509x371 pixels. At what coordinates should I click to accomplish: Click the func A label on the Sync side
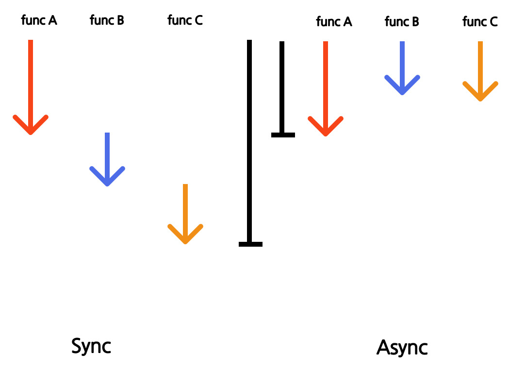(39, 20)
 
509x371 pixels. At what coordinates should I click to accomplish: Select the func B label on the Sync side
(107, 20)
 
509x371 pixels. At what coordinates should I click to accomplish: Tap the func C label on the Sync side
(185, 20)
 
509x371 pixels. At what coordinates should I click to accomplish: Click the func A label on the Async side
(334, 22)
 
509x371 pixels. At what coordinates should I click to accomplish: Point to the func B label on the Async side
(402, 22)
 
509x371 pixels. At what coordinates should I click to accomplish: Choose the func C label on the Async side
(480, 22)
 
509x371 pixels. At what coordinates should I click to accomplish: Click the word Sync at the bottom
(91, 346)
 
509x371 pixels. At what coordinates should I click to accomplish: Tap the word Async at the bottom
(402, 348)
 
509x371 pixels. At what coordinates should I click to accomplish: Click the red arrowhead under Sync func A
(31, 125)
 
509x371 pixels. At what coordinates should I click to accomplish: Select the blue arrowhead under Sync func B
(107, 176)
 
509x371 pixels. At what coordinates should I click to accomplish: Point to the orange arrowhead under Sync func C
(185, 234)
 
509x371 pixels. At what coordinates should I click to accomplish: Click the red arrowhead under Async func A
(326, 126)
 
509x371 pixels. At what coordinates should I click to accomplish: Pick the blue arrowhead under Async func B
(402, 85)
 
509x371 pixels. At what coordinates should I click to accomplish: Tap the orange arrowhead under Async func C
(480, 91)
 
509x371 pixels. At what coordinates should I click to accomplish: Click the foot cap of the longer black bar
(250, 244)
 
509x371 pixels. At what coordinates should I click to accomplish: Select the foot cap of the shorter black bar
(283, 135)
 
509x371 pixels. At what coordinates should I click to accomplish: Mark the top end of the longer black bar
(249, 40)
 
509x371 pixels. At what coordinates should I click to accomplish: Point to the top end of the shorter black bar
(282, 42)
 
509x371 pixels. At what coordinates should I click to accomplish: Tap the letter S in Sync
(76, 346)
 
